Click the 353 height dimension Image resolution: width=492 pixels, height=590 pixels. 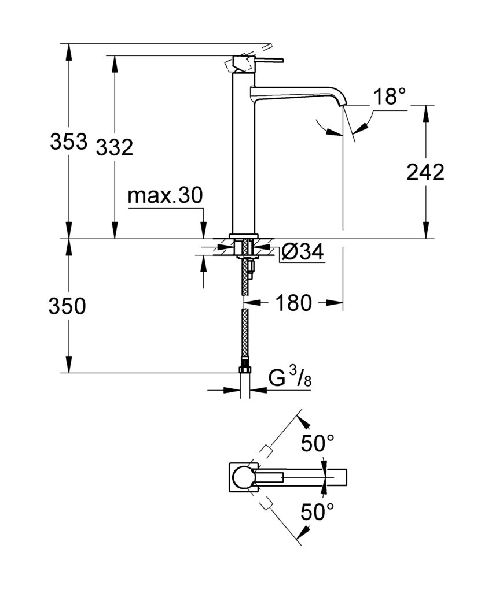68,142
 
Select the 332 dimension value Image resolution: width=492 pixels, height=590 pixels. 114,147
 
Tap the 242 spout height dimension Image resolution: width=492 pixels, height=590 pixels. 425,172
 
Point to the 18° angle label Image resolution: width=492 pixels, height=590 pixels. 388,97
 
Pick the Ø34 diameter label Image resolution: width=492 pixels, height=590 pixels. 302,252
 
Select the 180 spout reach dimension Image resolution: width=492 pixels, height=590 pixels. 294,302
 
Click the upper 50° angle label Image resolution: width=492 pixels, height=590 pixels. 317,444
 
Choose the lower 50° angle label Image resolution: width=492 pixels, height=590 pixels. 317,511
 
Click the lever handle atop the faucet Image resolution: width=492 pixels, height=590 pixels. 258,60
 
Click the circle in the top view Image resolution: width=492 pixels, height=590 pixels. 244,477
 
